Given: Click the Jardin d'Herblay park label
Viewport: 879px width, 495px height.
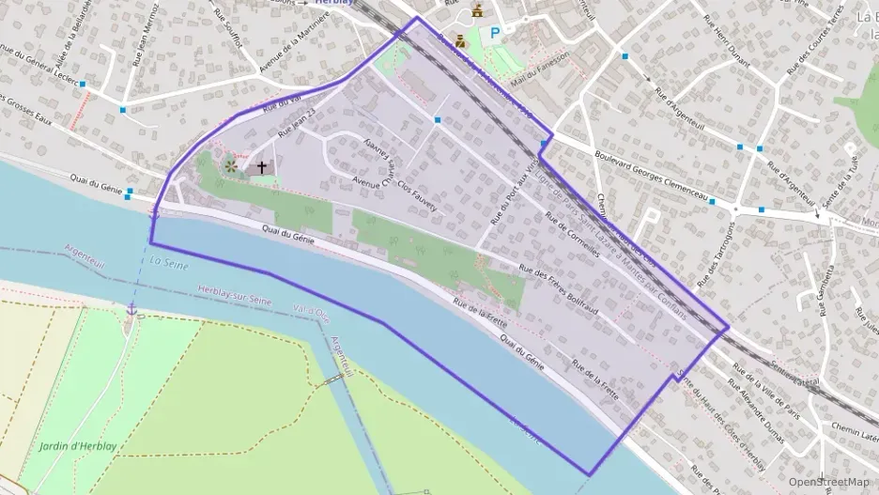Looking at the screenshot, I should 78,446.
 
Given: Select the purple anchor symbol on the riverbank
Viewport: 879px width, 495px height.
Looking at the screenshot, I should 131,309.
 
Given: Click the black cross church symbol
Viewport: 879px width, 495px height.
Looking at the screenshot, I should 262,167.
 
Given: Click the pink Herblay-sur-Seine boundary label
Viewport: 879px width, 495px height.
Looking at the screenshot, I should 240,295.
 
